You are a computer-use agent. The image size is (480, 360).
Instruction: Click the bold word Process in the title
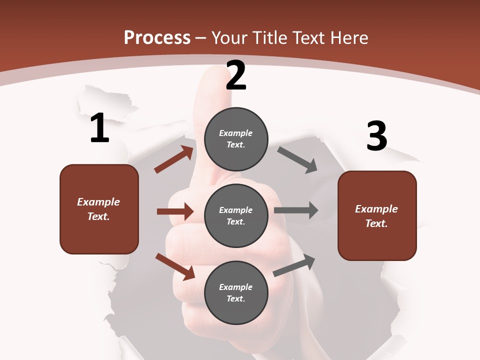tap(157, 38)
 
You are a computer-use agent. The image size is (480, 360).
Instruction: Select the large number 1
tap(99, 128)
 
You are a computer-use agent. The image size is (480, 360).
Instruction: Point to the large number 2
tap(236, 75)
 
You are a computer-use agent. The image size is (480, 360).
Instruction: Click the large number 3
tap(376, 136)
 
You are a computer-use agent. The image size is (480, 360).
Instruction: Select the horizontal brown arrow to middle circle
tap(175, 211)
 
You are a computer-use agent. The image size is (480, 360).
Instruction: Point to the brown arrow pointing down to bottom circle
tap(175, 266)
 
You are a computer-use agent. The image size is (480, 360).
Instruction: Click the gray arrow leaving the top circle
tap(297, 160)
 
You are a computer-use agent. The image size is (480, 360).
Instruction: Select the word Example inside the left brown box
tap(98, 202)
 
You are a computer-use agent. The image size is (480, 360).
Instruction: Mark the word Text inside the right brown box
tap(376, 223)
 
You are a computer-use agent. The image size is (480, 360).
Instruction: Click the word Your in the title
tap(229, 38)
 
